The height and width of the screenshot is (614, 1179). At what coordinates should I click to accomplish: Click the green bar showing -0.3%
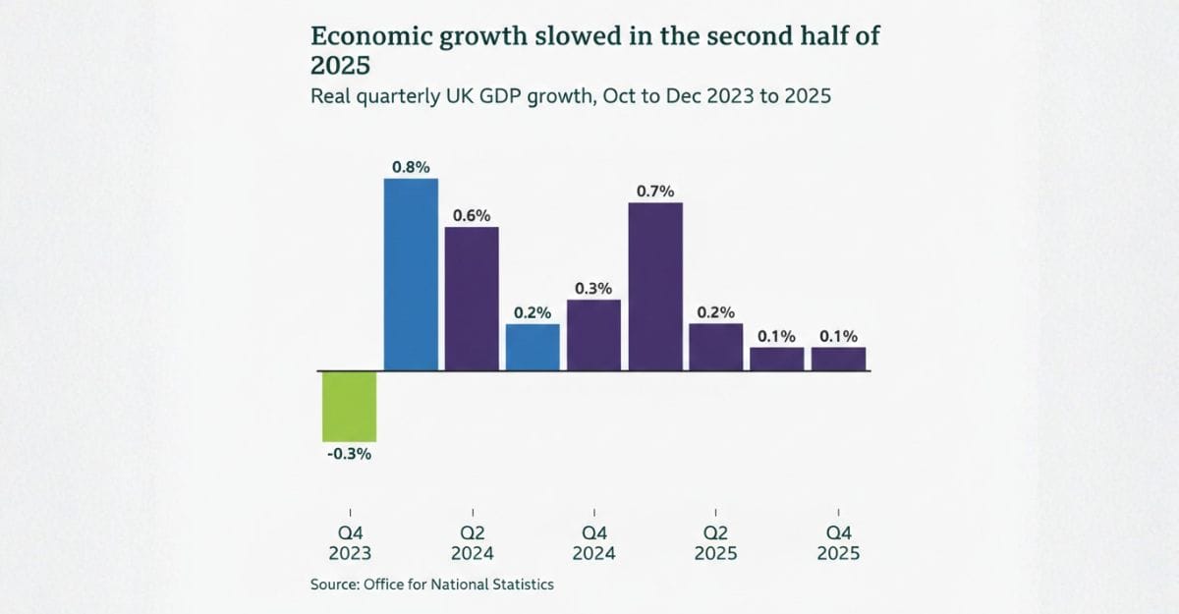click(x=350, y=406)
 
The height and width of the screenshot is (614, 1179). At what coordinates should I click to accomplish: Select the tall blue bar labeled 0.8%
click(x=411, y=274)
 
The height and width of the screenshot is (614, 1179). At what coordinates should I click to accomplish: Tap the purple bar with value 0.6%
click(x=472, y=299)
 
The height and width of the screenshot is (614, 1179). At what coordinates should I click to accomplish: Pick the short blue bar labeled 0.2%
click(x=533, y=347)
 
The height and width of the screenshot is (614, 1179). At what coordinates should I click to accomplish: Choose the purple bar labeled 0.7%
click(x=655, y=286)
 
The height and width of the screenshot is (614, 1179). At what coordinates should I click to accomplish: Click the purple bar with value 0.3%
click(x=593, y=335)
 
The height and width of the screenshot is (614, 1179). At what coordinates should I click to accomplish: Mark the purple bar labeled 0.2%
click(x=716, y=347)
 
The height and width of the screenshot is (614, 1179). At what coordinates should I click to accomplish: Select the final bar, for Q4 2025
click(x=838, y=359)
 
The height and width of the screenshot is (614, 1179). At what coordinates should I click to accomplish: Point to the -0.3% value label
click(x=350, y=454)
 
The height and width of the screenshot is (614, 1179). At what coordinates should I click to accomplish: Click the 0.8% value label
click(x=411, y=167)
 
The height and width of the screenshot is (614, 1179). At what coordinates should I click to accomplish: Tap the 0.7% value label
click(x=655, y=192)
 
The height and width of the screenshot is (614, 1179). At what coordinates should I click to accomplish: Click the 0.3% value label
click(x=593, y=288)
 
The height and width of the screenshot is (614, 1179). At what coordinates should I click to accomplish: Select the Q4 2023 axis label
click(x=350, y=542)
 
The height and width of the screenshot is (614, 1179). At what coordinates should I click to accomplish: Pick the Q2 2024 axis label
click(x=472, y=542)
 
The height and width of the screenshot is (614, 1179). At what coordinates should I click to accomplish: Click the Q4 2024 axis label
click(x=593, y=542)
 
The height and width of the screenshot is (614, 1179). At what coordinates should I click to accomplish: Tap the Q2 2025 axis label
click(x=716, y=542)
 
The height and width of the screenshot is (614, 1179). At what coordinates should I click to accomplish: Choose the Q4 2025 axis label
click(x=838, y=542)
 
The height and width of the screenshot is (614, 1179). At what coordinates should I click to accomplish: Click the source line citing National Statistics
click(x=432, y=585)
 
